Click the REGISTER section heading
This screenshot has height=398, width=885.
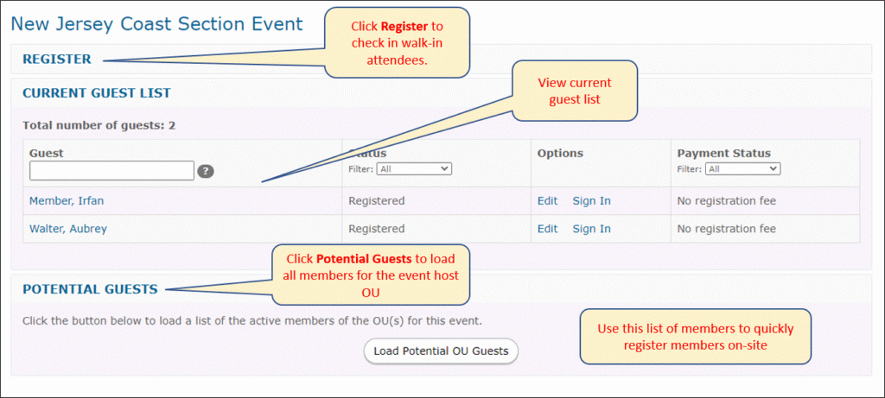click(x=56, y=60)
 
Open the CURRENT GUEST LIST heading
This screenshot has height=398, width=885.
click(x=97, y=93)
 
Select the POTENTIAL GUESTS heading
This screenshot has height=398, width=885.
click(x=90, y=290)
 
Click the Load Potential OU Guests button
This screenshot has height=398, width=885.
click(x=441, y=351)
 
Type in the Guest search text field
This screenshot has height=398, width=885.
click(x=111, y=171)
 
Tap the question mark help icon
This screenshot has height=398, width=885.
click(x=206, y=172)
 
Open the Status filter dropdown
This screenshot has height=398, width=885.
click(x=414, y=168)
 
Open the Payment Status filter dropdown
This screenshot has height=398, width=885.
click(x=743, y=168)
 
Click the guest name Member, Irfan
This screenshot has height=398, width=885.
click(x=67, y=200)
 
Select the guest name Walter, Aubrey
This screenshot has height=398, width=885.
click(x=67, y=229)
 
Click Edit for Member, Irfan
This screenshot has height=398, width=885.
click(x=547, y=200)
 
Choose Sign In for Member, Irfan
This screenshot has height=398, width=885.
click(x=591, y=200)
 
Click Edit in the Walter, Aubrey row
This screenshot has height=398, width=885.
click(x=547, y=229)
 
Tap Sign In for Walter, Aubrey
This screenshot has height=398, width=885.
click(x=591, y=229)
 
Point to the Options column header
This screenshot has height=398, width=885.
click(x=560, y=154)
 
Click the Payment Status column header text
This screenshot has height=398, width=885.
click(x=724, y=154)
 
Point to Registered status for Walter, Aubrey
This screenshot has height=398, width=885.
click(x=377, y=229)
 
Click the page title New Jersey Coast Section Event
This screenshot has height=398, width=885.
click(x=157, y=23)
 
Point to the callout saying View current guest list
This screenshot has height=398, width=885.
click(x=575, y=91)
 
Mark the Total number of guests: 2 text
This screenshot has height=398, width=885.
click(x=99, y=125)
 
